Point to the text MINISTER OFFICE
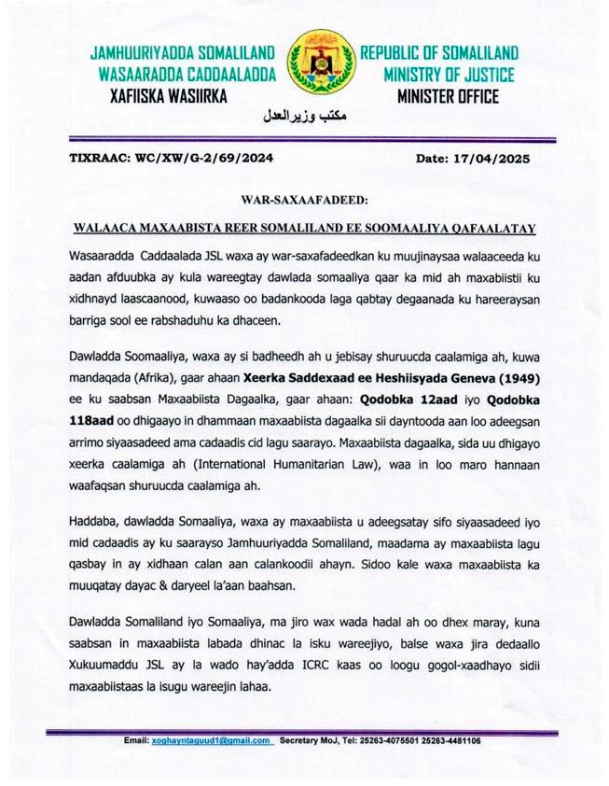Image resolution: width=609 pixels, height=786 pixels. [x=448, y=96]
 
